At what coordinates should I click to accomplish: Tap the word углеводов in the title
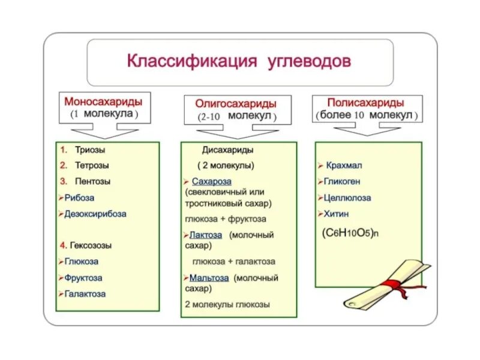click(309, 62)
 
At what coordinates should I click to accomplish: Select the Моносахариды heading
click(104, 101)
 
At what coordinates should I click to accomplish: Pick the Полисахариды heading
click(366, 103)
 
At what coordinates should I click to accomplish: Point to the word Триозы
click(90, 149)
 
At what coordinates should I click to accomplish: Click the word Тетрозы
click(92, 165)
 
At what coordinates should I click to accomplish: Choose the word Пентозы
click(93, 181)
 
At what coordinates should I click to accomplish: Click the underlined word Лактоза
click(206, 235)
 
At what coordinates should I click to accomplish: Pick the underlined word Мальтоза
click(209, 278)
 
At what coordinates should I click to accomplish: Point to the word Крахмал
click(345, 165)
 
